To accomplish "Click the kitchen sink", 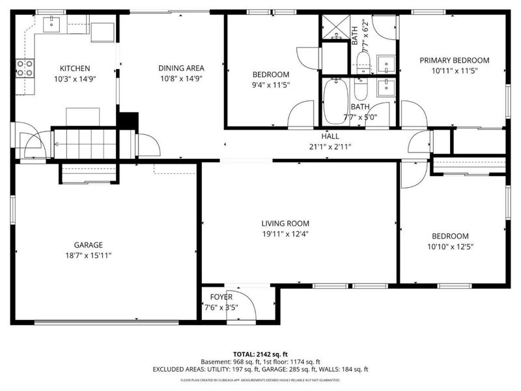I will pyautogui.click(x=51, y=25).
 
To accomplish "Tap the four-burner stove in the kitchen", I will pyautogui.click(x=25, y=68).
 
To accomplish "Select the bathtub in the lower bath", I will pyautogui.click(x=336, y=102).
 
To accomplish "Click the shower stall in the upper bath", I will pyautogui.click(x=335, y=27).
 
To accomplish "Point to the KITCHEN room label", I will pyautogui.click(x=75, y=68).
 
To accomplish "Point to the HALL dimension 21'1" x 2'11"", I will pyautogui.click(x=330, y=147).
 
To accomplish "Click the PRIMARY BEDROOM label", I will pyautogui.click(x=454, y=60).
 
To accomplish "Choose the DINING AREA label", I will pyautogui.click(x=182, y=68).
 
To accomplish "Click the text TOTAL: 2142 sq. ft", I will pyautogui.click(x=260, y=353).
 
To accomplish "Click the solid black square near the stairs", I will pyautogui.click(x=129, y=122).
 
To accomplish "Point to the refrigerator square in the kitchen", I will pyautogui.click(x=102, y=31).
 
